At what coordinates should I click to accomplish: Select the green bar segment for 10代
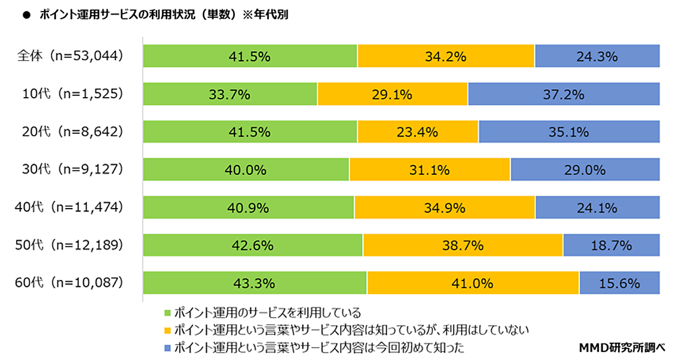tap(230, 95)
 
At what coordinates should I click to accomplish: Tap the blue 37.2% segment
tap(564, 95)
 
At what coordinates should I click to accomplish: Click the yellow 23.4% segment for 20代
tap(418, 133)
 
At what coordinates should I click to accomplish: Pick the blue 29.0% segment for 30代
tap(585, 170)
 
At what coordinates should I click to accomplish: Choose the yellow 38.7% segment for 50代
tap(462, 246)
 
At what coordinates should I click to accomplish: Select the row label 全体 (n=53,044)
tap(70, 57)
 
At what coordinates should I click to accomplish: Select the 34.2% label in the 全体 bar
tap(446, 57)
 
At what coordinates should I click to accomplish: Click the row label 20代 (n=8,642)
tap(70, 133)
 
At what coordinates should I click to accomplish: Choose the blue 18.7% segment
tap(611, 246)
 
